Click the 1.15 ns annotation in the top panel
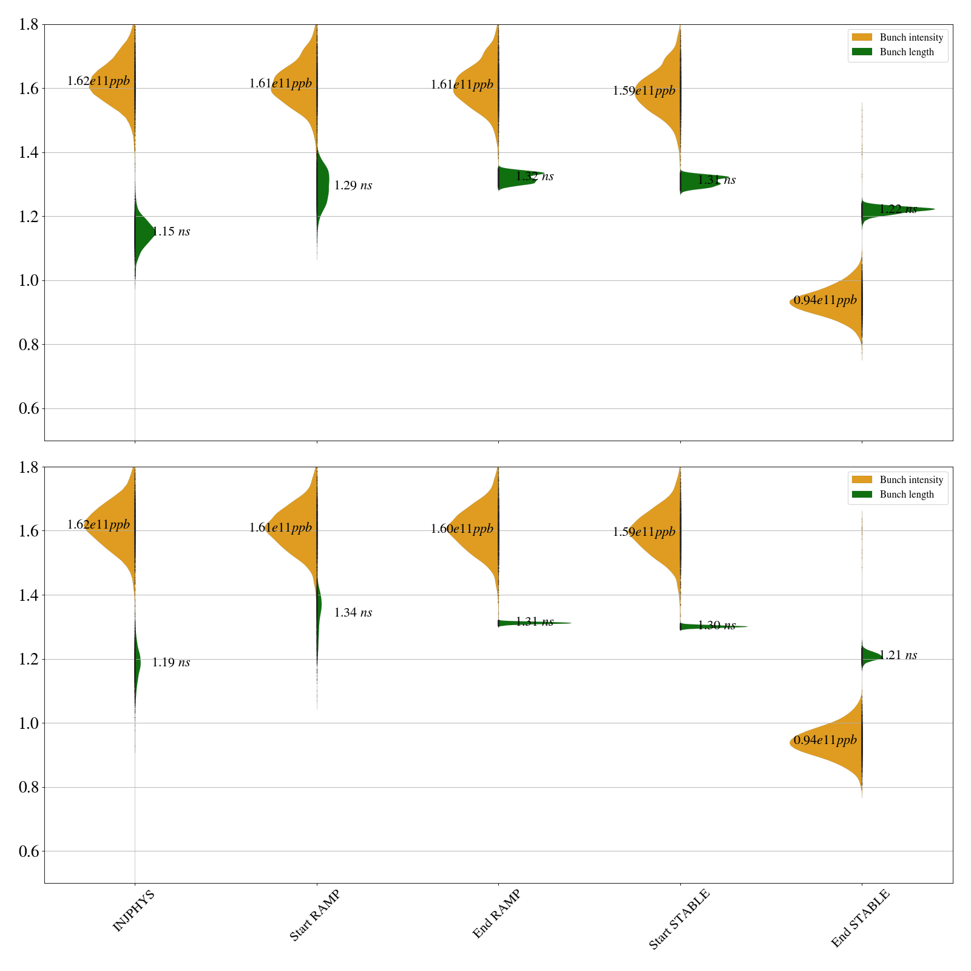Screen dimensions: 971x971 tap(171, 231)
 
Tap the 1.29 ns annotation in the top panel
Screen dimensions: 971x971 tap(353, 186)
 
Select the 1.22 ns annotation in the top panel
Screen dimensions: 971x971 tap(898, 209)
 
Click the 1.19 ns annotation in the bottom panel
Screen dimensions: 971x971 tap(171, 663)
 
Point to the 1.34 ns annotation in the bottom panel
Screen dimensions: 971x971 tap(353, 613)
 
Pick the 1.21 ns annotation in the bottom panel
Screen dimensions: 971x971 tap(898, 655)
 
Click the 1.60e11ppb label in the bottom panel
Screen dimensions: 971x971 tap(462, 529)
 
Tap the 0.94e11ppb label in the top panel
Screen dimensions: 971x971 tap(825, 300)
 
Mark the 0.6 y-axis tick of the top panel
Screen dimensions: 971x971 tap(29, 408)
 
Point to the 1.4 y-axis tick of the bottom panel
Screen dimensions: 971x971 tap(29, 595)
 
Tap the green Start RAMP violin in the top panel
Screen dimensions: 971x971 tap(322, 182)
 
